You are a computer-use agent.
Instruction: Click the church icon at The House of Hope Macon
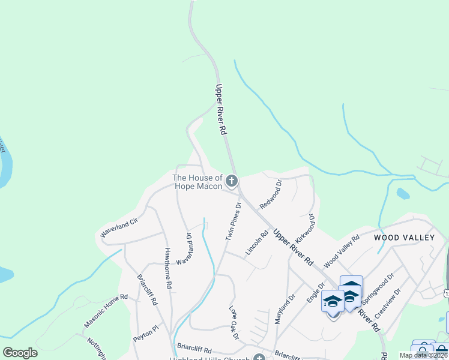[232, 181]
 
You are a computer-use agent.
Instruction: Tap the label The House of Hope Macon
[197, 182]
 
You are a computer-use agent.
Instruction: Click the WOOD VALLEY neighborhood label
[404, 238]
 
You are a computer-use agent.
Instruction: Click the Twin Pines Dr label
[234, 221]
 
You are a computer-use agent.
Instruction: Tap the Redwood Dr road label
[271, 194]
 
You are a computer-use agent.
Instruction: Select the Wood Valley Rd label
[342, 251]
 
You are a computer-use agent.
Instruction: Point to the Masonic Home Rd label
[106, 310]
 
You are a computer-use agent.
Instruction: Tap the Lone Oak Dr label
[234, 323]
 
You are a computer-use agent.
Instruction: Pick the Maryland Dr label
[285, 309]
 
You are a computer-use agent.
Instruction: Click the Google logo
[20, 353]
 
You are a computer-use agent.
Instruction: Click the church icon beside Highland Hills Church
[259, 358]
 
